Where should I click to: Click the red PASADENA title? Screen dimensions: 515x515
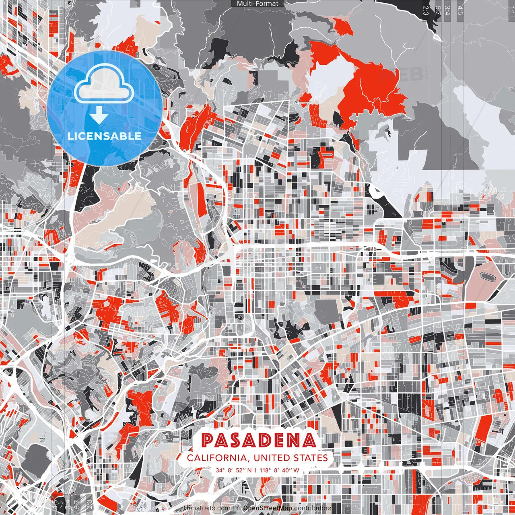click(258, 441)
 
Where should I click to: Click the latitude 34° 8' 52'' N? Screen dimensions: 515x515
click(234, 470)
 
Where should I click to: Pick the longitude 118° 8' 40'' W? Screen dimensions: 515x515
click(280, 470)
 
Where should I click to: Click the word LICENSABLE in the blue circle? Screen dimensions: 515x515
click(105, 136)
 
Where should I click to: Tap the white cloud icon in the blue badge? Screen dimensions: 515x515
click(104, 85)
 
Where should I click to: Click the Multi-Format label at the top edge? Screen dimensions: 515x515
click(257, 4)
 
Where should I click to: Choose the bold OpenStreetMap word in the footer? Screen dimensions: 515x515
click(268, 508)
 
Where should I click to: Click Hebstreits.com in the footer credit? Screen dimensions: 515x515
click(208, 508)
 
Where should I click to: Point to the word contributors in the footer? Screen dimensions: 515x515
click(313, 508)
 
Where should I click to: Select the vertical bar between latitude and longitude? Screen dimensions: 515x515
click(256, 470)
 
